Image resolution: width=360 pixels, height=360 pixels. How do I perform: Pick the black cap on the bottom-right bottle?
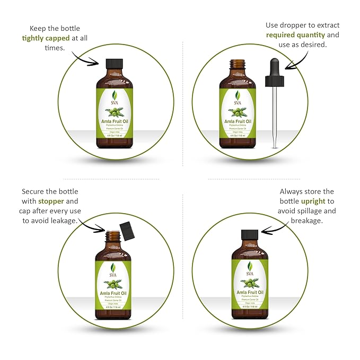click(249, 235)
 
